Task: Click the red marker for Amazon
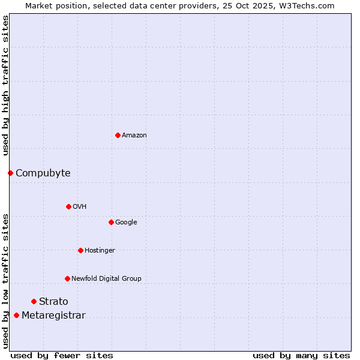118,135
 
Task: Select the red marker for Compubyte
10,173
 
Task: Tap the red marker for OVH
68,206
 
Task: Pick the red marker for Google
111,222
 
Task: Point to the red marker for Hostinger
80,250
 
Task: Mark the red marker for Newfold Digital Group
67,278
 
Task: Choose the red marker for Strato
34,301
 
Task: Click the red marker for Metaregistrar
16,316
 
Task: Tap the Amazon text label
134,136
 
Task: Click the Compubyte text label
43,173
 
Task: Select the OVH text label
80,207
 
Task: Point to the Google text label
126,223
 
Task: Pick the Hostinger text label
100,251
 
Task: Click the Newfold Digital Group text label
106,279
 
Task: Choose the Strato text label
53,302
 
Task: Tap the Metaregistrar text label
53,316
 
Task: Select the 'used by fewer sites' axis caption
62,355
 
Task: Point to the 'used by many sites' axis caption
301,355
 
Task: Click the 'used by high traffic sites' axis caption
5,85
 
